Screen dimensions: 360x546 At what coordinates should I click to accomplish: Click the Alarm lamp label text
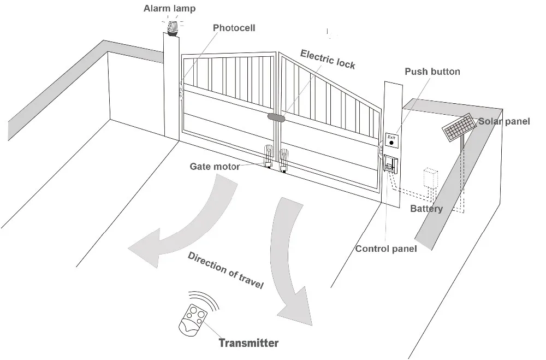point(169,9)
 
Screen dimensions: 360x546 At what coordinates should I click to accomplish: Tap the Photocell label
point(234,28)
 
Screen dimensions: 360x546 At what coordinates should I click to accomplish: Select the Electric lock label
point(328,59)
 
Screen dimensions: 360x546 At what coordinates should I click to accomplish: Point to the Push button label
point(432,72)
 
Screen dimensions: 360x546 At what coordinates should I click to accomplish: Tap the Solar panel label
point(504,121)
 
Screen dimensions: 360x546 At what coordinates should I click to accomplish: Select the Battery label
point(426,209)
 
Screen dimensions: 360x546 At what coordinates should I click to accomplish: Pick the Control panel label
point(386,249)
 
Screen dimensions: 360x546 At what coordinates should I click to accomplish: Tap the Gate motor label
point(214,167)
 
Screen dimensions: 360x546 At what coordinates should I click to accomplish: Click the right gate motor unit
point(284,160)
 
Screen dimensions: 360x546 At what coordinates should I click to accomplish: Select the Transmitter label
point(248,344)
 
